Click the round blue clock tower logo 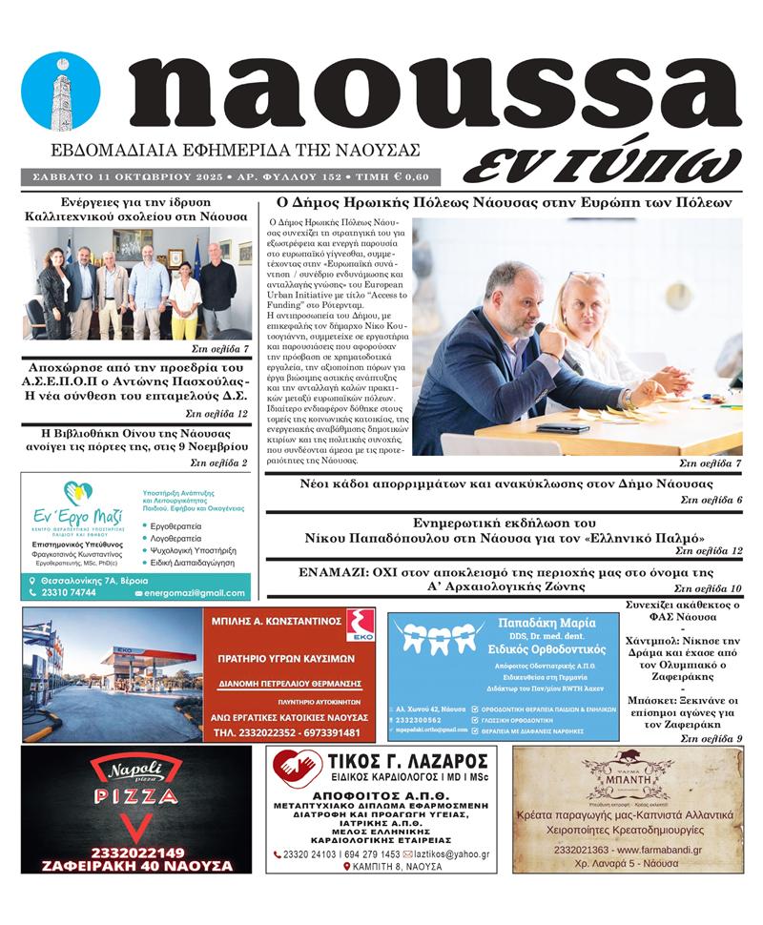60,91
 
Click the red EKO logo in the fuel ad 359,625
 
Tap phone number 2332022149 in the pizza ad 136,852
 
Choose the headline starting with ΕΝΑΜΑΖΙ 505,573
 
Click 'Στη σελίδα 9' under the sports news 711,738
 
